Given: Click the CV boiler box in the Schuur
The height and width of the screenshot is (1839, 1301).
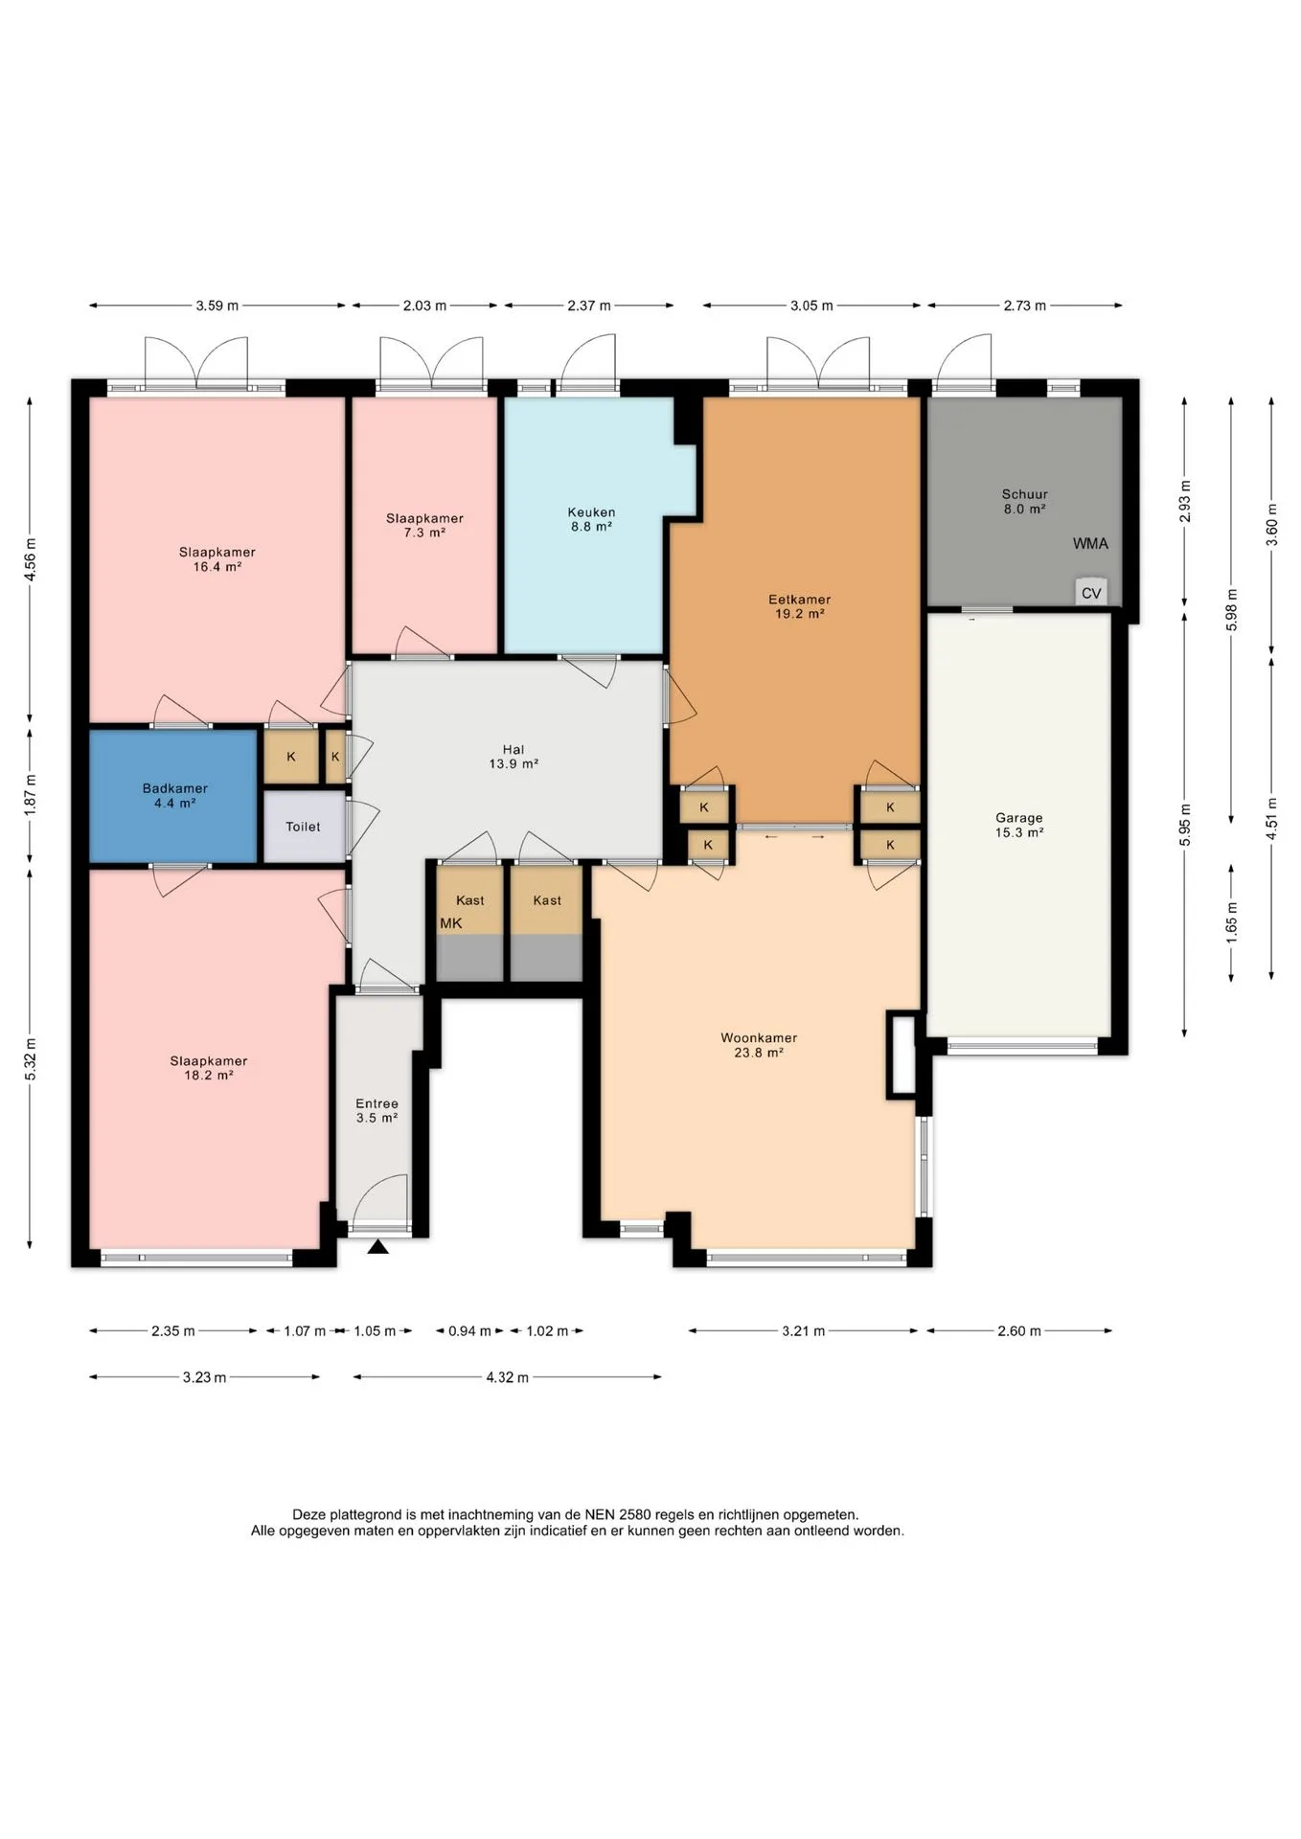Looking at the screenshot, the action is point(1091,592).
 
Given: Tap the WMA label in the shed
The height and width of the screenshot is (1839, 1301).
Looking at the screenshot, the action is point(1090,543).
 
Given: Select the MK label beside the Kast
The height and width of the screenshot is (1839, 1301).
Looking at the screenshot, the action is point(451,923).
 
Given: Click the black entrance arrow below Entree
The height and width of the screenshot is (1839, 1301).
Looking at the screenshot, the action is point(378,1246).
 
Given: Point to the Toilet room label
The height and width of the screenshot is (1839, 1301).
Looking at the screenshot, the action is point(303,827).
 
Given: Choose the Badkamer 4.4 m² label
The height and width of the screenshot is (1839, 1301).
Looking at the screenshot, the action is point(175,796).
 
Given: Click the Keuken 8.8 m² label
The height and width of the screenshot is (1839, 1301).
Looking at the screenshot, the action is point(591,519).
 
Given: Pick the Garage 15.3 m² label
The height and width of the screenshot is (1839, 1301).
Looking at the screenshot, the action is point(1018,825).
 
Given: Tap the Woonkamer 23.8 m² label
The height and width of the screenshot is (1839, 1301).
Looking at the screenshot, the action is point(759,1045).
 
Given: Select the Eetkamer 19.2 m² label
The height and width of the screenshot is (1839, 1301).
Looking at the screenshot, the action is point(799,606).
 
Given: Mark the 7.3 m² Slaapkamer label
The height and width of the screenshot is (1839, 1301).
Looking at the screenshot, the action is point(424,525).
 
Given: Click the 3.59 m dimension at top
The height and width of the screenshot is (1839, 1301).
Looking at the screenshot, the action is point(217,306).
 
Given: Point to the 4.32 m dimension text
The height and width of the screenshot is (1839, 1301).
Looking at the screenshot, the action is point(507,1377).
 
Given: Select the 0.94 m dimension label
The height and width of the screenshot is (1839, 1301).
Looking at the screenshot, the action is point(469,1330).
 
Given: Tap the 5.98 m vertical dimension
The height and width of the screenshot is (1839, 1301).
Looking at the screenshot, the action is point(1232,609).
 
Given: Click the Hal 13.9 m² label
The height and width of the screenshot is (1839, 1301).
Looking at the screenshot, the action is point(514,757).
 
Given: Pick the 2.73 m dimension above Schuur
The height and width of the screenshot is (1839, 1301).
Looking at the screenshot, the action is point(1024,306).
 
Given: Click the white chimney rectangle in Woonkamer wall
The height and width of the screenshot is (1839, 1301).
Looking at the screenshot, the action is point(902,1055).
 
